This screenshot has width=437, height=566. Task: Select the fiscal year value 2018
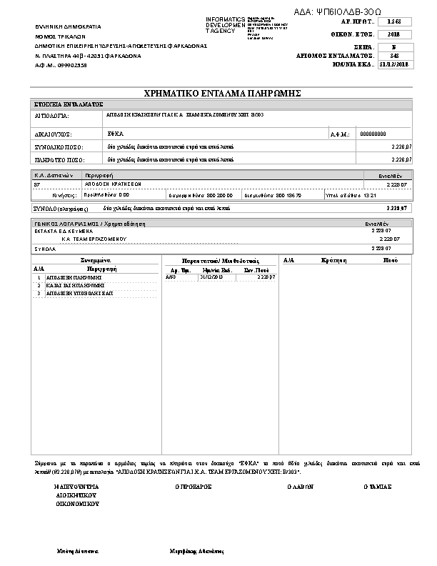tap(393, 34)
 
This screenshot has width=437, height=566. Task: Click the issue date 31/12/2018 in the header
tap(393, 64)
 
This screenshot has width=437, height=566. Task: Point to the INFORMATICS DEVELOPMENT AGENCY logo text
tap(225, 25)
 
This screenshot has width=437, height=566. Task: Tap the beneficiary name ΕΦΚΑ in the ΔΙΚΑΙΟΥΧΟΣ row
tap(116, 134)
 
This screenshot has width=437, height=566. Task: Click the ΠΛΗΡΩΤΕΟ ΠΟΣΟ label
tap(60, 159)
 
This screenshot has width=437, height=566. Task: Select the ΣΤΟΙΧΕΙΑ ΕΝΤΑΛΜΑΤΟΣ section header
tap(69, 104)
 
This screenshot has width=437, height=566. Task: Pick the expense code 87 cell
tap(37, 184)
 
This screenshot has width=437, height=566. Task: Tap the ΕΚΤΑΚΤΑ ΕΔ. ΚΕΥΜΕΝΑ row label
tap(61, 231)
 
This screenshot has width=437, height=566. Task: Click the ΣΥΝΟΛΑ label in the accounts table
tap(45, 247)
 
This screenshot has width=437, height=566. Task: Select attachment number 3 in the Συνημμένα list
tap(39, 293)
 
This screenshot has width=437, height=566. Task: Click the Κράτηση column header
tap(333, 261)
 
